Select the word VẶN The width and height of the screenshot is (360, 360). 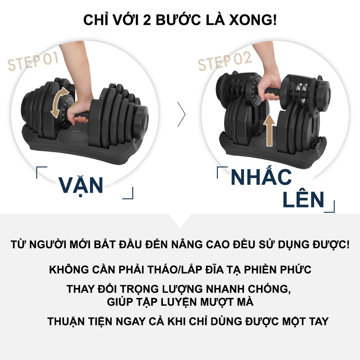tap(81, 184)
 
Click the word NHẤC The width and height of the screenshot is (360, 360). tap(261, 177)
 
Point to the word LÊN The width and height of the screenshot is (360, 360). tap(303, 199)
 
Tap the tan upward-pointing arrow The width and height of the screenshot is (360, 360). tap(269, 130)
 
